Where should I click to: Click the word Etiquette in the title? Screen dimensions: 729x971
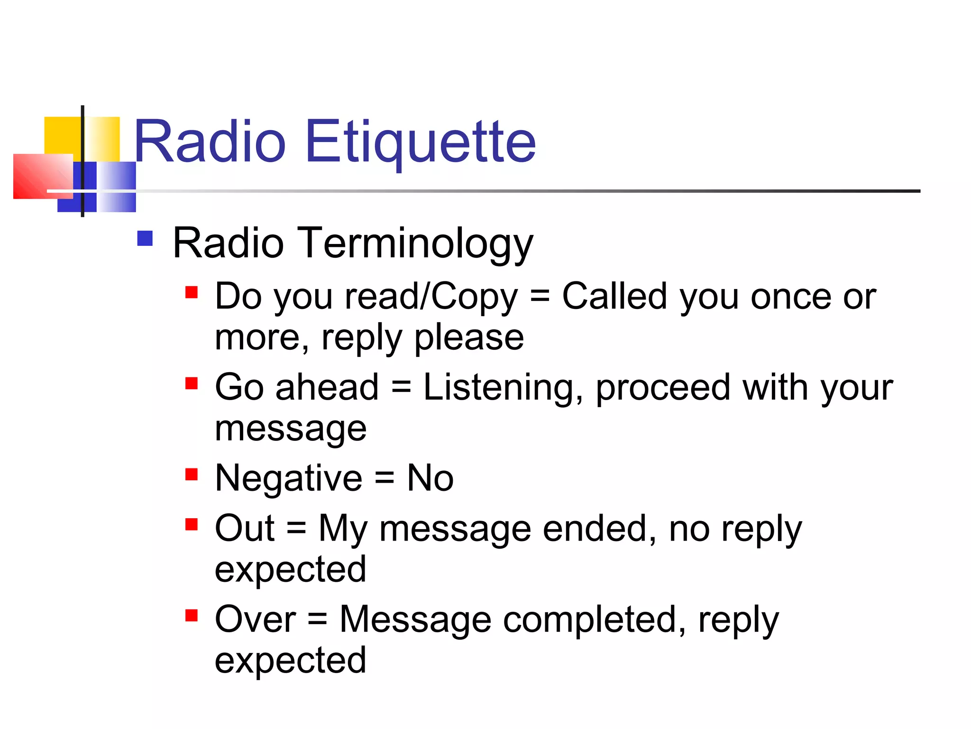pos(421,142)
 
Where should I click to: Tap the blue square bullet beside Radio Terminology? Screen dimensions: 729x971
pos(145,238)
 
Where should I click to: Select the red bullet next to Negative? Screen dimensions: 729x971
pos(192,474)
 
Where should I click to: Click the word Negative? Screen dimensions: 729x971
pos(288,478)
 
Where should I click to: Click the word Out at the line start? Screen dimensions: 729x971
pos(245,528)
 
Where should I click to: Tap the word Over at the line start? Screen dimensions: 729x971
pos(255,619)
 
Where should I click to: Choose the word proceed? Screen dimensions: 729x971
pos(663,388)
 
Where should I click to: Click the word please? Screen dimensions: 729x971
pos(469,338)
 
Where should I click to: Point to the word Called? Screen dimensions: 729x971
pos(614,297)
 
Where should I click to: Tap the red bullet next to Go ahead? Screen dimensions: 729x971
pos(192,383)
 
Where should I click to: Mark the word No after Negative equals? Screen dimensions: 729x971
pos(430,478)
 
